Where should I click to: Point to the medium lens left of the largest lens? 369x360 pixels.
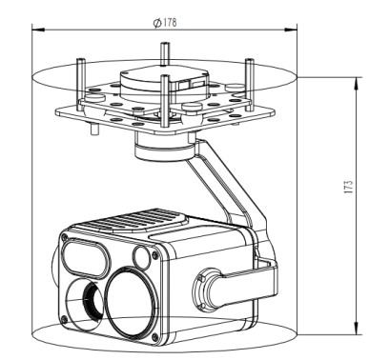(x=85, y=297)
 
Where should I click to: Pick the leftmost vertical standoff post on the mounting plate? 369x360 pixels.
(x=78, y=81)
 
